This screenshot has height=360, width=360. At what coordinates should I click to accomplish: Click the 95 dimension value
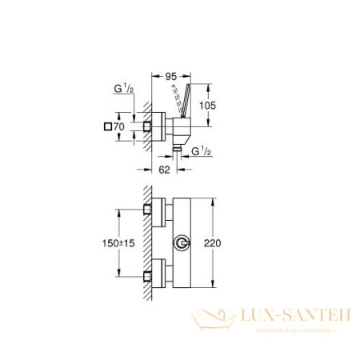point(170,78)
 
